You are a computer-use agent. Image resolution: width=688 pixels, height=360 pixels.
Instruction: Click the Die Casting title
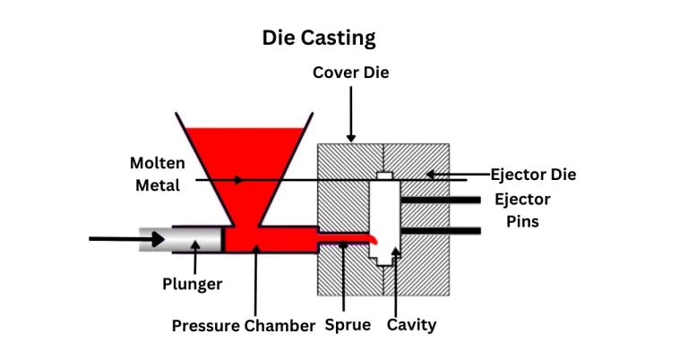[318, 38]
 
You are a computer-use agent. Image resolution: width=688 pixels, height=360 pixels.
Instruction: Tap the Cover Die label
[350, 72]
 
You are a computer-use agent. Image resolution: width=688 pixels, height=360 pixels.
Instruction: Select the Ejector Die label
[533, 174]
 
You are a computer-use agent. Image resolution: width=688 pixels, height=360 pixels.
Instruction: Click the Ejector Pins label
[522, 210]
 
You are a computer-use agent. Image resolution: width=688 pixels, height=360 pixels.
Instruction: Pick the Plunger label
[192, 284]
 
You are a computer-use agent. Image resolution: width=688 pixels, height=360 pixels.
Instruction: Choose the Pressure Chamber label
[244, 325]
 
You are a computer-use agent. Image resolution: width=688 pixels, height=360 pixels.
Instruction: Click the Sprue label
[347, 324]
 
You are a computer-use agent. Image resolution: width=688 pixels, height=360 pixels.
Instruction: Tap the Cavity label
[411, 324]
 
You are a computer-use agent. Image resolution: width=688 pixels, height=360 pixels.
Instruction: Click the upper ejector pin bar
[439, 200]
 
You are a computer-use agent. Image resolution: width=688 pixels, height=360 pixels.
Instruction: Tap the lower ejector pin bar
[439, 231]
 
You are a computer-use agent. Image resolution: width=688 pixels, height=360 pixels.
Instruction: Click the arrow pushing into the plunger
[125, 239]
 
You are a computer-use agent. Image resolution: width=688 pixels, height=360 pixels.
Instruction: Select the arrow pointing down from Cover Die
[350, 112]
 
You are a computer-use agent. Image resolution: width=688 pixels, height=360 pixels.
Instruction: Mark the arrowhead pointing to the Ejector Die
[431, 174]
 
